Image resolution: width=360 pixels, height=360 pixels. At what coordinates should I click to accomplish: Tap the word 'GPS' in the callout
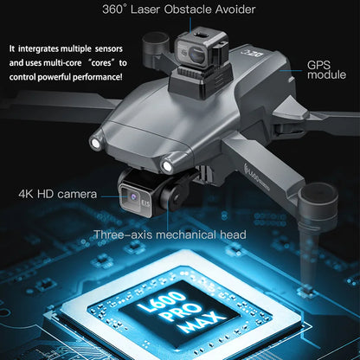pos(318,65)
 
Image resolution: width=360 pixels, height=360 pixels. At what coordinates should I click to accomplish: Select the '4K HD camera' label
pos(57,193)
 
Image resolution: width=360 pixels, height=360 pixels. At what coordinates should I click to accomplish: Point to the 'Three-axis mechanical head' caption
pos(170,235)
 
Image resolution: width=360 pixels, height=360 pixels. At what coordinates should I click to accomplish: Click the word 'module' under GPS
pos(326,76)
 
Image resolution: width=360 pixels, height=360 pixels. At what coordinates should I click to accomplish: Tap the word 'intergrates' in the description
pos(44,48)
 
